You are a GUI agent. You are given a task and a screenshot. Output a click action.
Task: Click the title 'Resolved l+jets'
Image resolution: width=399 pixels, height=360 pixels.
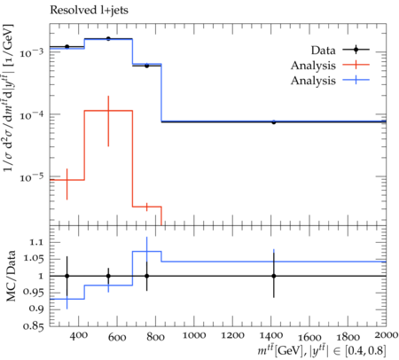pyautogui.click(x=89, y=11)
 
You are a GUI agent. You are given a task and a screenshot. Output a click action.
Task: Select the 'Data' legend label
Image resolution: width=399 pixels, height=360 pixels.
pyautogui.click(x=323, y=51)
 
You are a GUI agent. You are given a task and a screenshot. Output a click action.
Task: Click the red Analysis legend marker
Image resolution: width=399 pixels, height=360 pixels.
pyautogui.click(x=356, y=65)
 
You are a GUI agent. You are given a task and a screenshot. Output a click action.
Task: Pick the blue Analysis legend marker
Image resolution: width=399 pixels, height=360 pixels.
pyautogui.click(x=356, y=80)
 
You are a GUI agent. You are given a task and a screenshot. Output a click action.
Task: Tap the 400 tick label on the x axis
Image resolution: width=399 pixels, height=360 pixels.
pyautogui.click(x=79, y=335)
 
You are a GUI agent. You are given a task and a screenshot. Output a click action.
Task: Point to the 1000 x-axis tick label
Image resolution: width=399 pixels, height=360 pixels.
pyautogui.click(x=194, y=335)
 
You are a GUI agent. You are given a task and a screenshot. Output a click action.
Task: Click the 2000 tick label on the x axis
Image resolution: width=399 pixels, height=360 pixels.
pyautogui.click(x=386, y=335)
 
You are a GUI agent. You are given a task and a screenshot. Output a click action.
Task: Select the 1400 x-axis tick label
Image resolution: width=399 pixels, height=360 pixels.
pyautogui.click(x=270, y=335)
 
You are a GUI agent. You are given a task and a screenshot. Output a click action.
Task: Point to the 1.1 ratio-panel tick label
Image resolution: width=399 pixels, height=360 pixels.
pyautogui.click(x=36, y=243)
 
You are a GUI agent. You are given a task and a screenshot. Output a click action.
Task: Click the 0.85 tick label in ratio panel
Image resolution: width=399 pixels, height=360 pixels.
pyautogui.click(x=33, y=326)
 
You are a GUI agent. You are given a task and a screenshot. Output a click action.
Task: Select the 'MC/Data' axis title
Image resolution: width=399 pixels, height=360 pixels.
pyautogui.click(x=11, y=276)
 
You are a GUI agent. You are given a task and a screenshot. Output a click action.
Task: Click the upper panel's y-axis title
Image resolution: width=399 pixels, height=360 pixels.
pyautogui.click(x=9, y=98)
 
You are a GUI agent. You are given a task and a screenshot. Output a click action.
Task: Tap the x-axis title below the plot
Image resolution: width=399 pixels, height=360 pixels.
pyautogui.click(x=322, y=351)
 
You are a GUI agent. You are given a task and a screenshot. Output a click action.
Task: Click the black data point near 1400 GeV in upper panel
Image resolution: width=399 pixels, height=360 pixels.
pyautogui.click(x=274, y=121)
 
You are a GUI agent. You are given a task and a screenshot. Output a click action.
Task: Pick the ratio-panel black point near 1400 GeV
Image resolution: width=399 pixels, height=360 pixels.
pyautogui.click(x=274, y=276)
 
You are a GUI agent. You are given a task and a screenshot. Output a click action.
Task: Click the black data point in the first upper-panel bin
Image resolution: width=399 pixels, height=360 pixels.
pyautogui.click(x=67, y=46)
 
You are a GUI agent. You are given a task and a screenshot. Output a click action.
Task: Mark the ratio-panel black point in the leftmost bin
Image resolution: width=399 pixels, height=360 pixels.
pyautogui.click(x=67, y=276)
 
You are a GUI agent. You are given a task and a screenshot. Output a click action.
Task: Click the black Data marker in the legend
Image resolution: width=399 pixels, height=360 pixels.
pyautogui.click(x=356, y=50)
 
